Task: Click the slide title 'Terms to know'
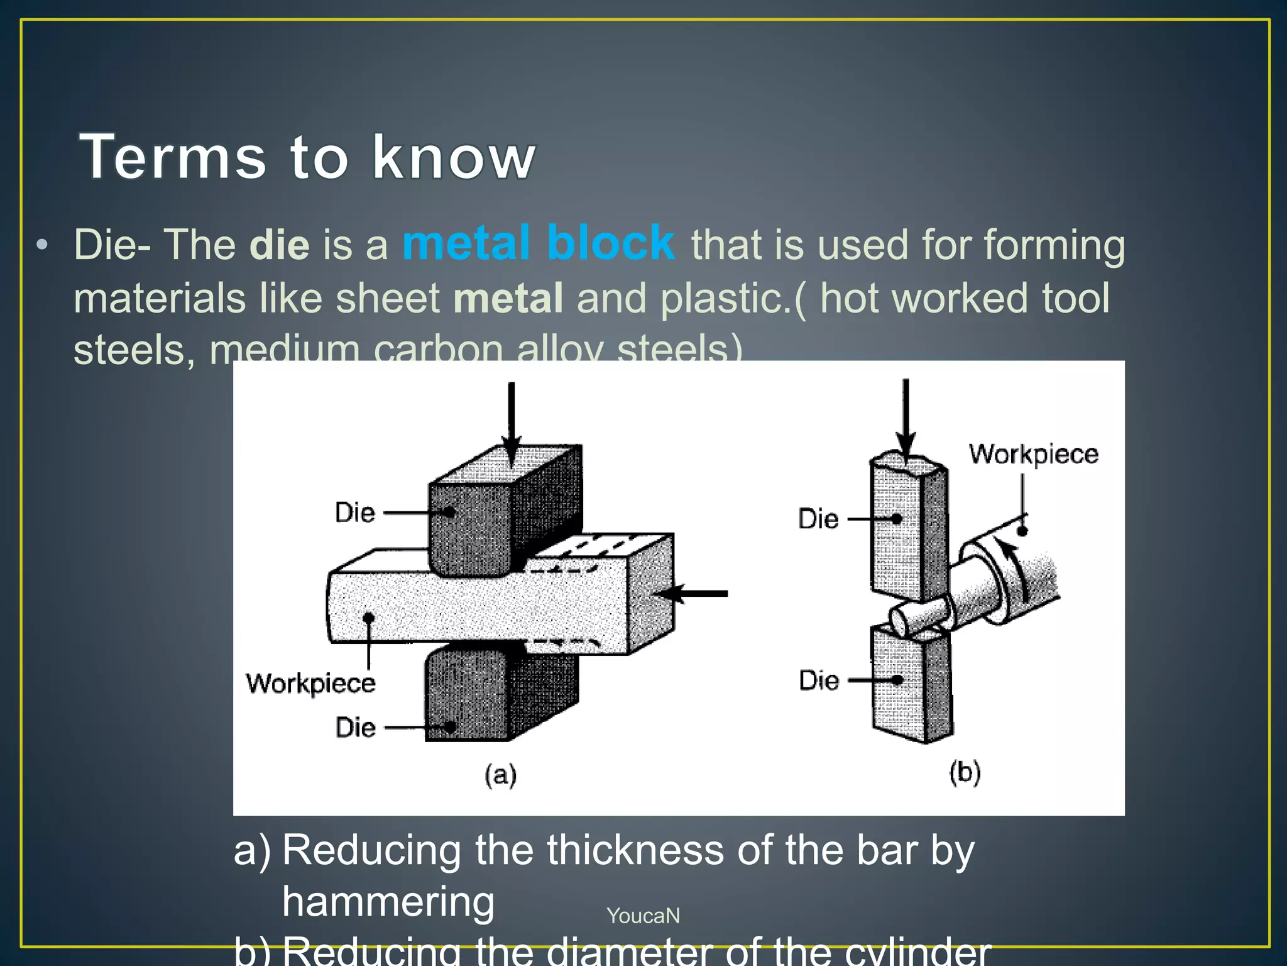click(307, 157)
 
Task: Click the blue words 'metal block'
click(539, 243)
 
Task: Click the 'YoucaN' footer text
click(643, 916)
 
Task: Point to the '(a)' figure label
click(501, 774)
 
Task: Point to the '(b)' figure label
click(965, 772)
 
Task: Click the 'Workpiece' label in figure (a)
click(310, 683)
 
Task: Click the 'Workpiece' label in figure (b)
click(1033, 454)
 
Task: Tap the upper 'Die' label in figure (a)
click(355, 513)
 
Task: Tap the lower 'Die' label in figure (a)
click(356, 728)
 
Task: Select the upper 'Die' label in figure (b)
click(818, 519)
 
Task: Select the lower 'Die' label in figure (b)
click(819, 680)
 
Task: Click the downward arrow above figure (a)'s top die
click(512, 421)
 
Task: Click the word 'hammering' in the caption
click(388, 901)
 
